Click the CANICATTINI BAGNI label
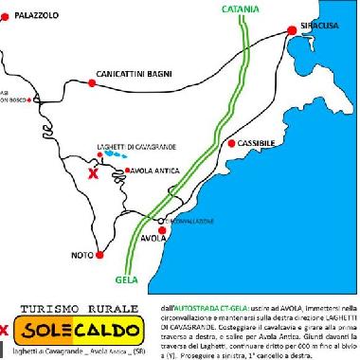pyautogui.click(x=132, y=72)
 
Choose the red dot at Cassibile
pyautogui.click(x=232, y=143)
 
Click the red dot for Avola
pyautogui.click(x=162, y=230)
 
